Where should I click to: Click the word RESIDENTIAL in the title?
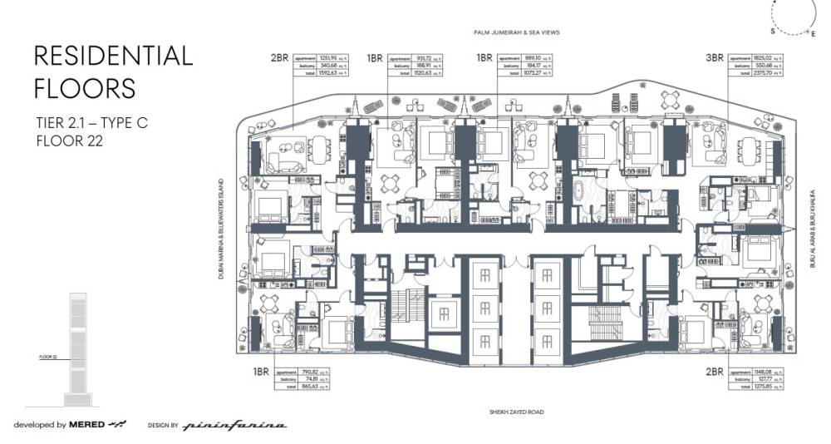point(113,57)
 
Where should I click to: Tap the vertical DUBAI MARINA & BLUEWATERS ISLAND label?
point(223,230)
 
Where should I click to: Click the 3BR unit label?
point(713,58)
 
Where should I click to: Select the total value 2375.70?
point(763,72)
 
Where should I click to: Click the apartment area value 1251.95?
point(327,57)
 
